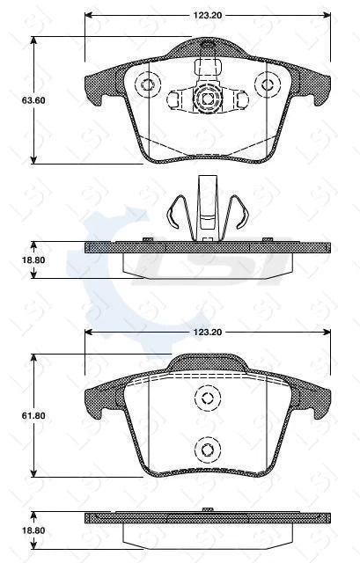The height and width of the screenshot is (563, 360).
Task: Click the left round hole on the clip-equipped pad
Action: point(148,85)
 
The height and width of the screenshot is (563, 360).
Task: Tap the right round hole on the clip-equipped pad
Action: point(266,85)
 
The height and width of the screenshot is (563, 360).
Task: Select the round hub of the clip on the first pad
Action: point(207,99)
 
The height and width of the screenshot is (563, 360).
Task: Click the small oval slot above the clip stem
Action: point(207,46)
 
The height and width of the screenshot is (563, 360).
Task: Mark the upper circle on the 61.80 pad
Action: point(207,398)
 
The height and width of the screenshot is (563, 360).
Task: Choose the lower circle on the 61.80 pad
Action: point(207,450)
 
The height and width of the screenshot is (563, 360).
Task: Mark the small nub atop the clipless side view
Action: point(207,508)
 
